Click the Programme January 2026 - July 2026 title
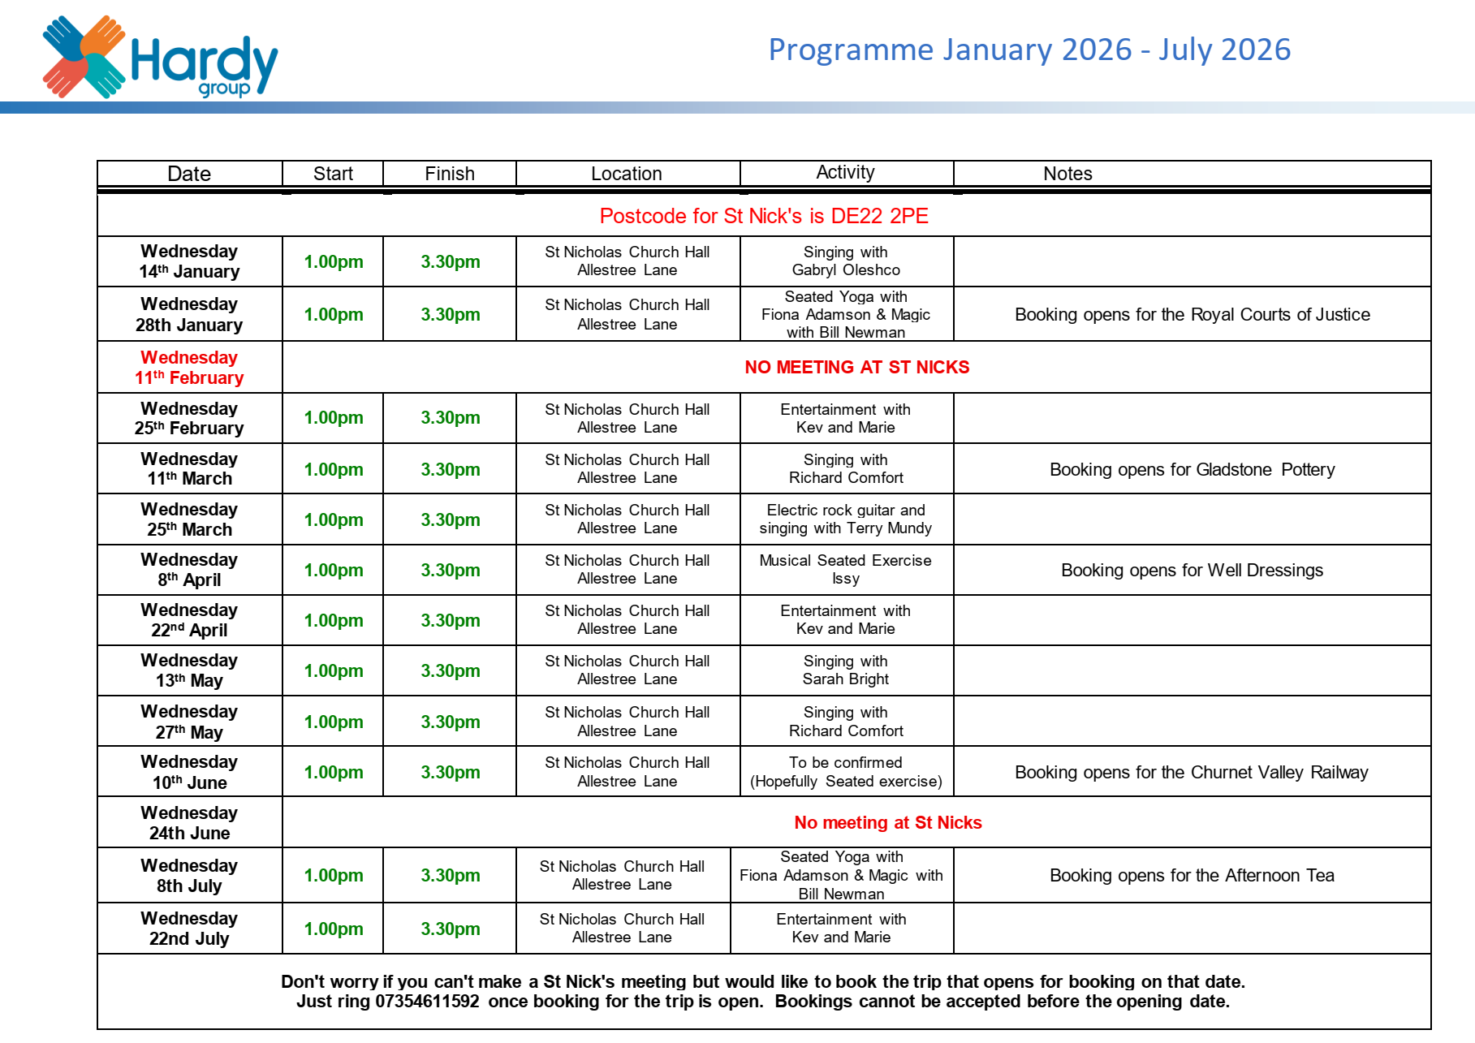(x=1029, y=50)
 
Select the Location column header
(x=626, y=174)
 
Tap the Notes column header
(x=1067, y=174)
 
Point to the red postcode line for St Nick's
(x=763, y=216)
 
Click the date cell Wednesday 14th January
(x=189, y=261)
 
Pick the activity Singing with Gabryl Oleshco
(x=845, y=261)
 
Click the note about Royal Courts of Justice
(x=1191, y=315)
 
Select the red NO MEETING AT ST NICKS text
(x=856, y=368)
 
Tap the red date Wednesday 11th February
(x=189, y=368)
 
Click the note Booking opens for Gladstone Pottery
(x=1191, y=470)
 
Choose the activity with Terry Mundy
(x=845, y=519)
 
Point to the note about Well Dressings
(x=1191, y=571)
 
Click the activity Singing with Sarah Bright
(x=845, y=670)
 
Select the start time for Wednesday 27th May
(x=333, y=722)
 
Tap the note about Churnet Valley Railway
(x=1191, y=773)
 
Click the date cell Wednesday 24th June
(x=189, y=823)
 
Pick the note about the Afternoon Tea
(x=1191, y=876)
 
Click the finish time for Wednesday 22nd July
(x=450, y=929)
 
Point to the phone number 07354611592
(x=427, y=1002)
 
